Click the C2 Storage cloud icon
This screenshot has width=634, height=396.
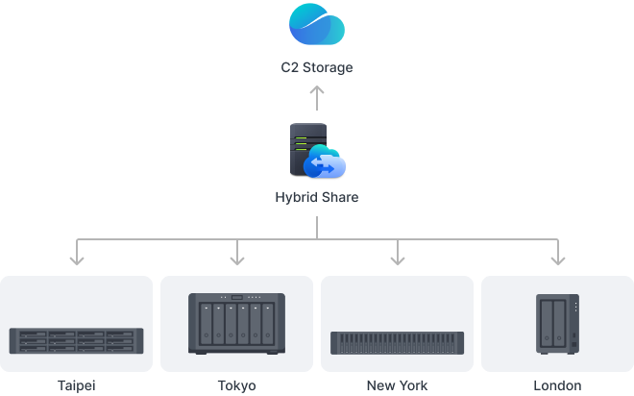coord(317,25)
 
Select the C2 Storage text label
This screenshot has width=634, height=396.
coord(317,68)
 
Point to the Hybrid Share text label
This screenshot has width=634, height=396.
coord(317,198)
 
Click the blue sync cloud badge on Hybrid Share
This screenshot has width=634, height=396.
coord(325,165)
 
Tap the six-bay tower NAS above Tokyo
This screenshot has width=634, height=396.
coord(236,323)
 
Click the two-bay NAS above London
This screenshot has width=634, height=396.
coord(557,325)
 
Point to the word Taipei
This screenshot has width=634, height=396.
coord(77,385)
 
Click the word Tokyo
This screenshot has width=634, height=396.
coord(236,385)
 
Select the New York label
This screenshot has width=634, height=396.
coord(397,385)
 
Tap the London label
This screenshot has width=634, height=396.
coord(557,385)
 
